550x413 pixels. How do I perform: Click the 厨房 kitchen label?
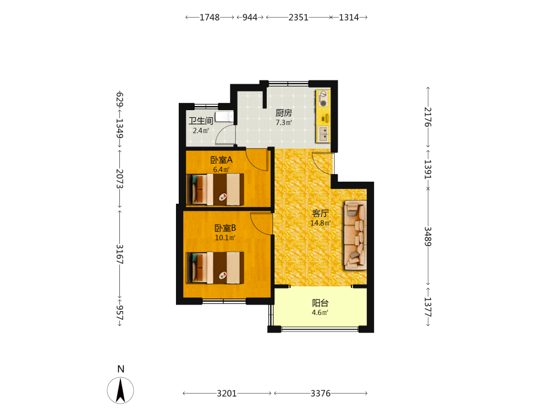click(x=283, y=113)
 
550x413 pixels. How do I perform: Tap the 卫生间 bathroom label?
click(x=201, y=121)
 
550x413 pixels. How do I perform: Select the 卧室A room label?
click(x=221, y=160)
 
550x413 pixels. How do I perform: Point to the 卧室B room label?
click(x=225, y=229)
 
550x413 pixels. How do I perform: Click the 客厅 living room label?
click(x=320, y=214)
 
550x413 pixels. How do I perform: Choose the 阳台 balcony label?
click(x=320, y=303)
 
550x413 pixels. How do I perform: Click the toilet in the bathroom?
click(x=224, y=116)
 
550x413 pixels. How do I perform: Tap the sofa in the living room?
click(x=355, y=235)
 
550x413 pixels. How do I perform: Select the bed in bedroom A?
click(x=216, y=189)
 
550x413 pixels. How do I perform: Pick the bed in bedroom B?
click(x=216, y=268)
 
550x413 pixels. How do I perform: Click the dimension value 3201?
click(x=227, y=393)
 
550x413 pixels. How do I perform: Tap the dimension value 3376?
click(x=321, y=393)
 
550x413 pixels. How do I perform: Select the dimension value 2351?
click(x=299, y=17)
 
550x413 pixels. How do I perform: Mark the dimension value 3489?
click(x=428, y=236)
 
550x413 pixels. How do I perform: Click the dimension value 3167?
click(x=119, y=254)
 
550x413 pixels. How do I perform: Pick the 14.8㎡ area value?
click(x=320, y=223)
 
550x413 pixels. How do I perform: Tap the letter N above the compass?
click(x=120, y=369)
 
